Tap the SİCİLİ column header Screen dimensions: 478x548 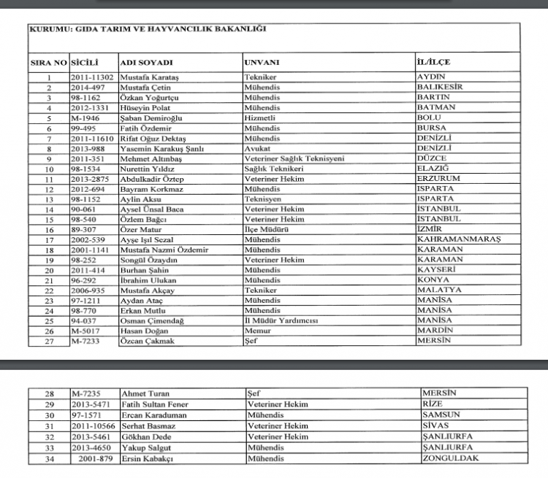coord(85,63)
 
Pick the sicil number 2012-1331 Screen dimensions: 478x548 coord(89,107)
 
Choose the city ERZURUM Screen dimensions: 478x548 coord(438,178)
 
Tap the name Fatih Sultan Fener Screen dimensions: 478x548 coord(155,405)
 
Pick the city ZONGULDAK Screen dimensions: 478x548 coord(450,458)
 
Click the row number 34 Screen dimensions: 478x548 coord(50,458)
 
